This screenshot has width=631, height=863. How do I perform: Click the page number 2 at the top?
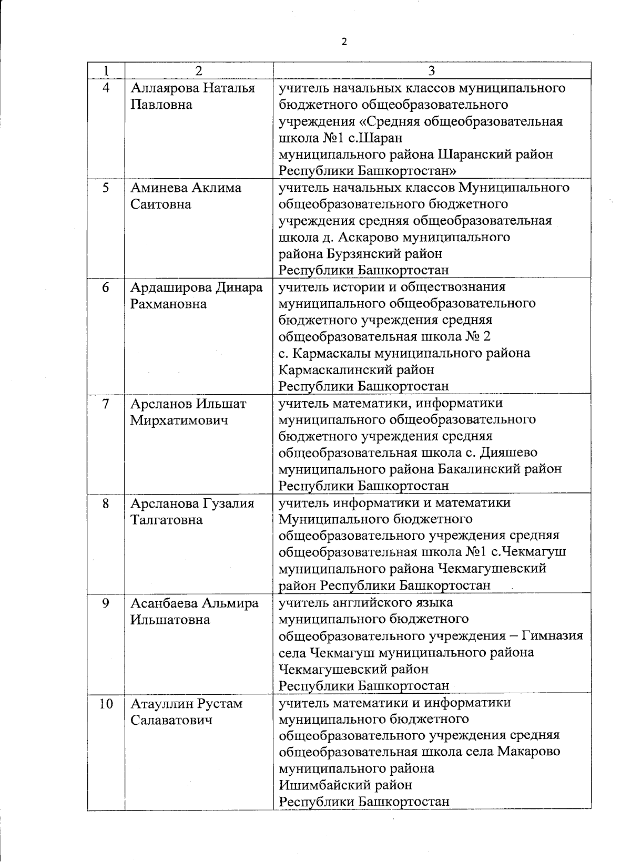[x=344, y=42]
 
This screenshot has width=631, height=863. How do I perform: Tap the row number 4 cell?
[x=106, y=88]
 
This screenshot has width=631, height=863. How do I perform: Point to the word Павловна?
[x=161, y=104]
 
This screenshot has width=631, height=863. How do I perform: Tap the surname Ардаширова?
[x=170, y=287]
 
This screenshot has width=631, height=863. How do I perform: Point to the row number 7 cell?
[x=106, y=404]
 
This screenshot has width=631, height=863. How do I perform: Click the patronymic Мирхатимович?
[x=179, y=420]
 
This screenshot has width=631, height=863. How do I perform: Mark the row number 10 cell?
[x=106, y=703]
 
